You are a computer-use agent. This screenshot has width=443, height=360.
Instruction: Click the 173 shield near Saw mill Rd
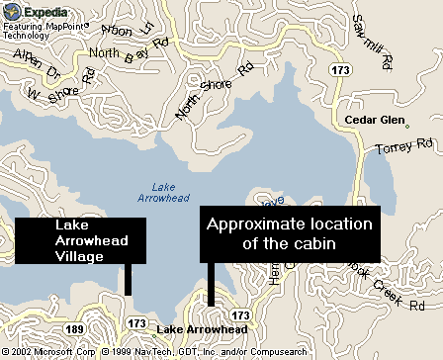(342, 71)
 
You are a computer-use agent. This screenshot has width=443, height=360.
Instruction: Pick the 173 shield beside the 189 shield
(137, 324)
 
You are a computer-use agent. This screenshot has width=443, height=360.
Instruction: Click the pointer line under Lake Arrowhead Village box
(129, 279)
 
